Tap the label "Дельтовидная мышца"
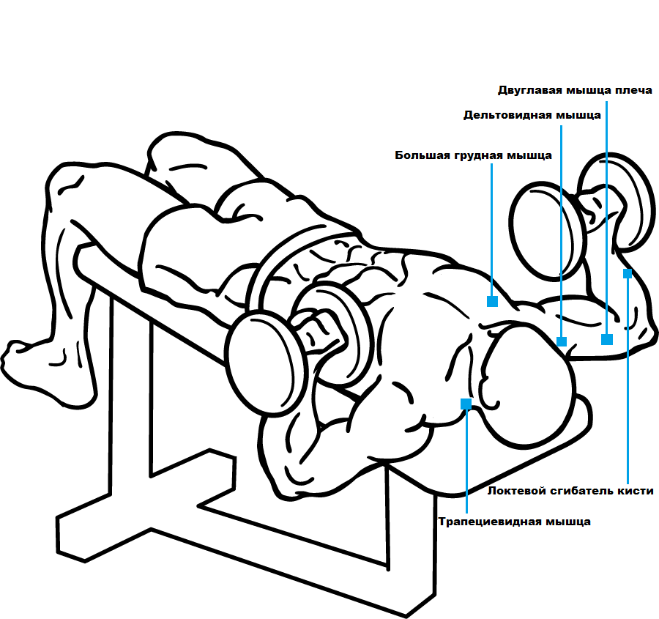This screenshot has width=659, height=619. coord(532,115)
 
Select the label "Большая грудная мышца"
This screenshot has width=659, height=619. coord(473,155)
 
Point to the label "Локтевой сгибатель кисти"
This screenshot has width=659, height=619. coord(570,491)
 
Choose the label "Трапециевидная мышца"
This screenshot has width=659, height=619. coord(514,522)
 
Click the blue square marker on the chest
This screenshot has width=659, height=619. coord(492,301)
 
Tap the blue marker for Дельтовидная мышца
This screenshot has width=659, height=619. coord(562,341)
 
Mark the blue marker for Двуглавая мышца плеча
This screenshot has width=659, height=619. coord(606,339)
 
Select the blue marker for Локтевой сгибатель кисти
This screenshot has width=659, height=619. coord(628,274)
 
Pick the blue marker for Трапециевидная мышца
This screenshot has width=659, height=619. coord(466,403)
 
